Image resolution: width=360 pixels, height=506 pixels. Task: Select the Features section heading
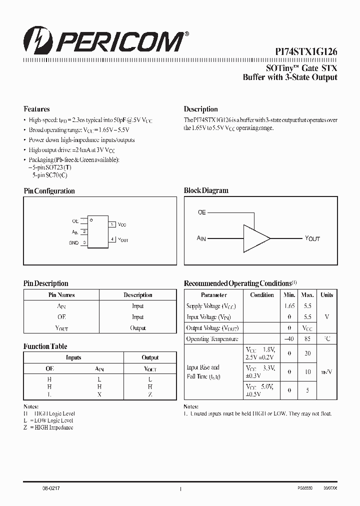pyautogui.click(x=36, y=109)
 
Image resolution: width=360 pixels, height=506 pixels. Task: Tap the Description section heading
pyautogui.click(x=200, y=109)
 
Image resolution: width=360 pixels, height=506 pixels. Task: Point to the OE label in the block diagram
pyautogui.click(x=201, y=212)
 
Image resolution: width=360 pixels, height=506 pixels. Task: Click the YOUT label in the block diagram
pyautogui.click(x=312, y=238)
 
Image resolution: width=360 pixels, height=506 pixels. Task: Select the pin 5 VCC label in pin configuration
pyautogui.click(x=122, y=225)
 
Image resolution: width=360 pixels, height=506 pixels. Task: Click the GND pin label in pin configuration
pyautogui.click(x=74, y=242)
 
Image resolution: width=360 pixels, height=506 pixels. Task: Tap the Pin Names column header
pyautogui.click(x=61, y=295)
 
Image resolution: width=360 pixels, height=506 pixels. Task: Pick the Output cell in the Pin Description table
pyautogui.click(x=137, y=328)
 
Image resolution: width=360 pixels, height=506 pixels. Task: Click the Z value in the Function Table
pyautogui.click(x=150, y=394)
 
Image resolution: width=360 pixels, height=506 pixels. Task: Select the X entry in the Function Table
pyautogui.click(x=99, y=394)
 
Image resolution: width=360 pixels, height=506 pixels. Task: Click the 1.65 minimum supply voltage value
pyautogui.click(x=289, y=306)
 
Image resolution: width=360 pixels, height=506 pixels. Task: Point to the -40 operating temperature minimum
pyautogui.click(x=289, y=339)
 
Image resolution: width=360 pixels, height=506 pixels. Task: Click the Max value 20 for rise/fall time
pyautogui.click(x=307, y=353)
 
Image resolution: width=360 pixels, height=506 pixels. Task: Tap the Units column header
pyautogui.click(x=326, y=295)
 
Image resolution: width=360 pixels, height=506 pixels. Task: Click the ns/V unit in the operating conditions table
pyautogui.click(x=326, y=372)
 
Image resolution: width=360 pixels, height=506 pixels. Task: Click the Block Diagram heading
pyautogui.click(x=206, y=190)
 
